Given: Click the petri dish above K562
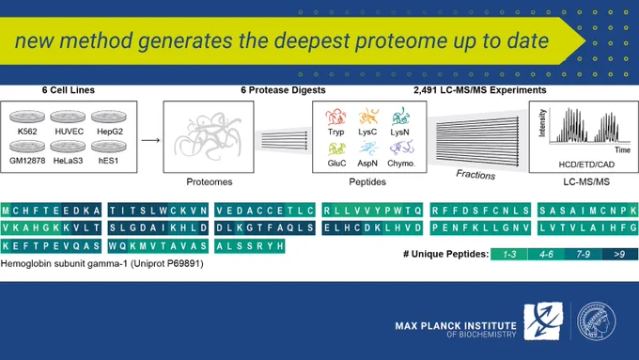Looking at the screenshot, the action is pyautogui.click(x=27, y=117).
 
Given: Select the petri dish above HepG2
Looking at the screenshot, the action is pyautogui.click(x=109, y=117).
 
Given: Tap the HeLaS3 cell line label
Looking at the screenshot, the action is pyautogui.click(x=68, y=161).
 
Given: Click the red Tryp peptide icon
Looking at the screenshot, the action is pyautogui.click(x=335, y=117).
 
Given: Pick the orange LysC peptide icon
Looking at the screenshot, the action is pyautogui.click(x=368, y=117).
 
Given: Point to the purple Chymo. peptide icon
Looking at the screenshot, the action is pyautogui.click(x=401, y=148).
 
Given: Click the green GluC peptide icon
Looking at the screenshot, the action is pyautogui.click(x=336, y=149).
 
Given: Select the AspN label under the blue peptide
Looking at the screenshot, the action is pyautogui.click(x=367, y=163).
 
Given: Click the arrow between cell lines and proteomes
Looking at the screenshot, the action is pyautogui.click(x=150, y=140).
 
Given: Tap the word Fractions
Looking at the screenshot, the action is pyautogui.click(x=475, y=175).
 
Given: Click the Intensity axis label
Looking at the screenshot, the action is pyautogui.click(x=542, y=123).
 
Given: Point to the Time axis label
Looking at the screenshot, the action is pyautogui.click(x=622, y=150).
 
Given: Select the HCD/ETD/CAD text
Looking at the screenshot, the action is pyautogui.click(x=586, y=164).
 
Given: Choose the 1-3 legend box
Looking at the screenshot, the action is pyautogui.click(x=509, y=254).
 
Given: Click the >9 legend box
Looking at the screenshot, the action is pyautogui.click(x=619, y=254).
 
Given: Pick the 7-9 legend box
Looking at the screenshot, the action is pyautogui.click(x=583, y=254).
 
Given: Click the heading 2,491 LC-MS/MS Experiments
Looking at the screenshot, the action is pyautogui.click(x=479, y=90).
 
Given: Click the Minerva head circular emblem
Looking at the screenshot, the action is pyautogui.click(x=596, y=321).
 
